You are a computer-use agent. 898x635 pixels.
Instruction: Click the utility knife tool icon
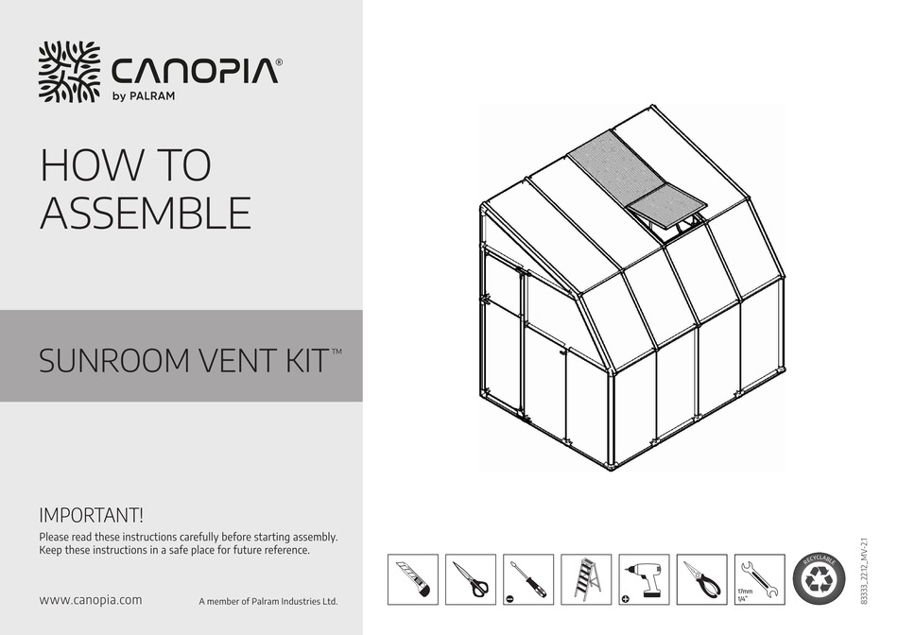pos(413,579)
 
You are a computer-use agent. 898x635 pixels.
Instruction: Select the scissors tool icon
pos(471,579)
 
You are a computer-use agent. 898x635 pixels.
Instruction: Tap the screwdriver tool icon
pos(528,579)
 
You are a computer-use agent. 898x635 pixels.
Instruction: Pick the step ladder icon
pos(586,579)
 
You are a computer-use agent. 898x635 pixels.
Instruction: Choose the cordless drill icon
pos(644,579)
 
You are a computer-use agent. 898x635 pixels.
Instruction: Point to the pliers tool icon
pos(702,579)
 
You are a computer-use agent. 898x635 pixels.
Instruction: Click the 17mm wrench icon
pos(760,579)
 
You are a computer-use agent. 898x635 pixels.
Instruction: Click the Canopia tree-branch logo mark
pos(68,72)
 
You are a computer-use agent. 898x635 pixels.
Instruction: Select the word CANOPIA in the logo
pos(195,71)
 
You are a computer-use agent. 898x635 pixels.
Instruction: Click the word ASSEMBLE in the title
pos(146,214)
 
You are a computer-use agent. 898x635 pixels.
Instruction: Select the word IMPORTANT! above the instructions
pos(92,516)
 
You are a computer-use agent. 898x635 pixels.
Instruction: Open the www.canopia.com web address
pos(91,599)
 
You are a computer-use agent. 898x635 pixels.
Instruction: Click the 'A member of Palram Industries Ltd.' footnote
pos(268,601)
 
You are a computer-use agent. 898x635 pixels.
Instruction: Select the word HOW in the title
pos(86,166)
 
